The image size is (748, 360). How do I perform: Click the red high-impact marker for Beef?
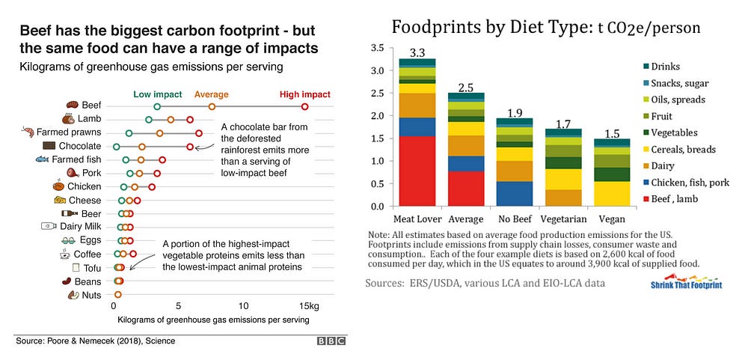pos(304,107)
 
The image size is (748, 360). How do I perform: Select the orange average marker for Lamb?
pos(171,120)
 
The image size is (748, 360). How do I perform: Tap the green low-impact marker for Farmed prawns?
pos(129,133)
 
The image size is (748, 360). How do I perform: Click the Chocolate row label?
pos(80,146)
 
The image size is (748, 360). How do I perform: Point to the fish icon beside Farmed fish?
pos(42,159)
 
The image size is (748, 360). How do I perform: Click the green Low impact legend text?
pos(157,95)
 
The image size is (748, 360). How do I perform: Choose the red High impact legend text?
pos(304,95)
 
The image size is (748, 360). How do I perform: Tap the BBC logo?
pos(331,341)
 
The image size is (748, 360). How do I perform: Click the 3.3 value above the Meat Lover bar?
pos(417,52)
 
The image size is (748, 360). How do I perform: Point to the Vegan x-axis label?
pos(612,219)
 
